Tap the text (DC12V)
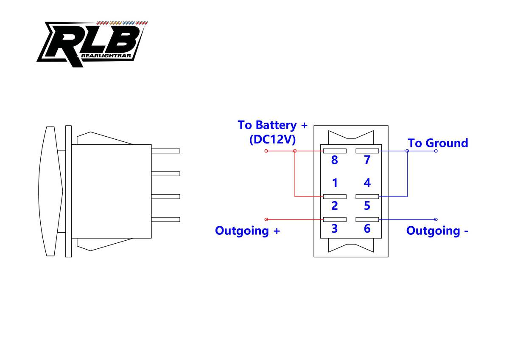pyautogui.click(x=272, y=140)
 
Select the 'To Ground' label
pyautogui.click(x=438, y=143)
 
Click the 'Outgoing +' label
pyautogui.click(x=247, y=231)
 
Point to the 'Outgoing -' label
pyautogui.click(x=437, y=231)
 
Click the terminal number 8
pyautogui.click(x=335, y=160)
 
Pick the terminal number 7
pyautogui.click(x=367, y=160)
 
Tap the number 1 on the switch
pyautogui.click(x=335, y=183)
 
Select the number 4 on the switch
pyautogui.click(x=367, y=183)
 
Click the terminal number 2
pyautogui.click(x=335, y=206)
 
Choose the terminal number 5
pyautogui.click(x=367, y=206)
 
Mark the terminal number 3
pyautogui.click(x=335, y=228)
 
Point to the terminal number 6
pyautogui.click(x=367, y=228)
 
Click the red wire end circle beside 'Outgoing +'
pyautogui.click(x=266, y=219)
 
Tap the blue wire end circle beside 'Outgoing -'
pyautogui.click(x=436, y=219)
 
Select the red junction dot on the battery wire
pyautogui.click(x=295, y=151)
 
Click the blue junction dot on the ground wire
pyautogui.click(x=407, y=151)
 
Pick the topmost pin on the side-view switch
pyautogui.click(x=165, y=151)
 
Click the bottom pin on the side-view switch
pyautogui.click(x=165, y=219)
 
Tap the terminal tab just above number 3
pyautogui.click(x=335, y=219)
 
